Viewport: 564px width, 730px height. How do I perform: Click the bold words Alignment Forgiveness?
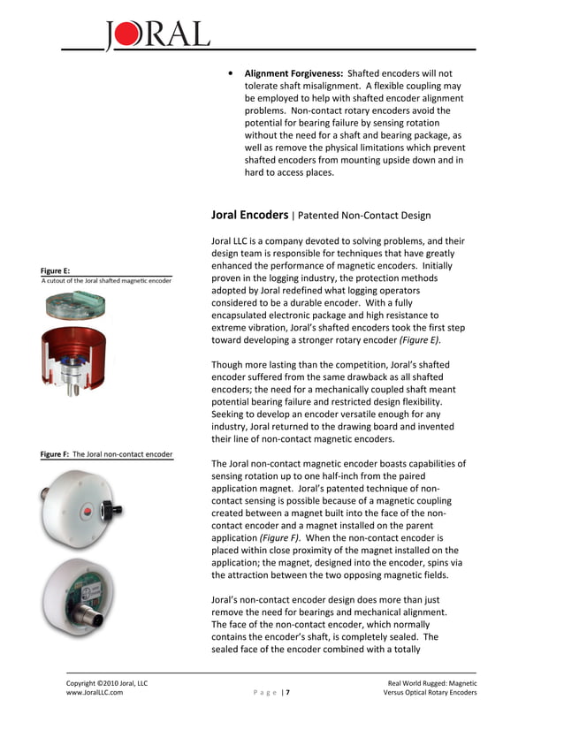tap(293, 73)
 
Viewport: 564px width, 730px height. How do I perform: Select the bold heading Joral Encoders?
tap(249, 215)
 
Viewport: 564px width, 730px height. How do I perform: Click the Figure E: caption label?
tap(55, 270)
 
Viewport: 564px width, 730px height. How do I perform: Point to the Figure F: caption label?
tap(55, 454)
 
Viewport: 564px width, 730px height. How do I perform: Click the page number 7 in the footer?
tap(286, 693)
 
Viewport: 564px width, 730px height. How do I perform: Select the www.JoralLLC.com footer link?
tap(95, 693)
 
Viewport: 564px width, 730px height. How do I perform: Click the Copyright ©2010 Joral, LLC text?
tap(107, 682)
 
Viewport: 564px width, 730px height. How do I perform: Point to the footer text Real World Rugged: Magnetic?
tap(432, 682)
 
